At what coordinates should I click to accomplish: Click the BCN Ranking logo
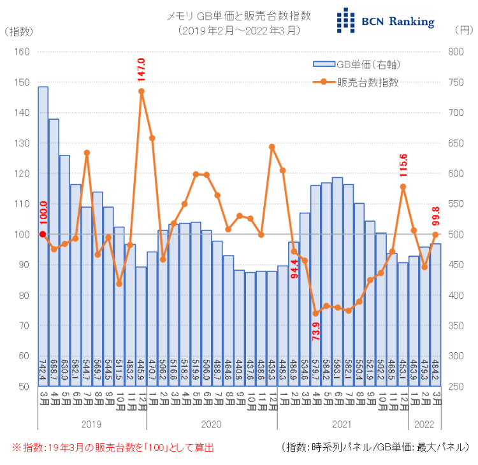(x=386, y=20)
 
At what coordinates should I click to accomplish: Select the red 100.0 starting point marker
(x=43, y=234)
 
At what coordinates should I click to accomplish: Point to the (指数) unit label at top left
(x=20, y=30)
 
